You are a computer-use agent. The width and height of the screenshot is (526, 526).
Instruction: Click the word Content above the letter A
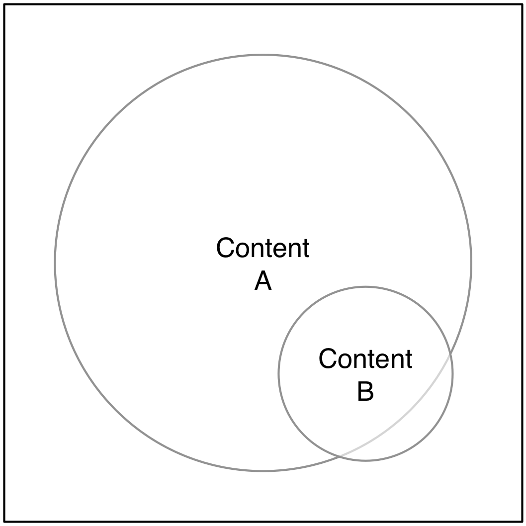263,248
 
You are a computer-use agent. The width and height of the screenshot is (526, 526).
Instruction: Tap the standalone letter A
263,282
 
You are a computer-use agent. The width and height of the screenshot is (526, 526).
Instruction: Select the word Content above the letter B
365,359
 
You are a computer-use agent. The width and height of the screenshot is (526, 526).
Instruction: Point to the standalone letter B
365,392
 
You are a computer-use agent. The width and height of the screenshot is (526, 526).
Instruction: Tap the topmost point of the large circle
263,55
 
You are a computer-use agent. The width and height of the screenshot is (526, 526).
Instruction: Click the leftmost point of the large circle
55,263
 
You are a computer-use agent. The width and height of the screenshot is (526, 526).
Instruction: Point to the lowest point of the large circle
263,470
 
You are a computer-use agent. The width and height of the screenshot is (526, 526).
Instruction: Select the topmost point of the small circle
365,287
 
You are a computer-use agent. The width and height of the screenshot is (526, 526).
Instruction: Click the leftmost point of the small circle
279,374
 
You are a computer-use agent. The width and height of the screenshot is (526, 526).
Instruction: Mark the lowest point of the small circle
365,460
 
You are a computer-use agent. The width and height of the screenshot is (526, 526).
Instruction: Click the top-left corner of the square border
5,5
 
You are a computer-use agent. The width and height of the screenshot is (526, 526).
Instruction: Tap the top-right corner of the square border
521,5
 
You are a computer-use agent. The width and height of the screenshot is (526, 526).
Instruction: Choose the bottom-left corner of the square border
5,521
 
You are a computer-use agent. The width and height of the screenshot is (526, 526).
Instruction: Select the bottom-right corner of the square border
521,521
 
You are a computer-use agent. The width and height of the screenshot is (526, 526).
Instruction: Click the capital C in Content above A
225,248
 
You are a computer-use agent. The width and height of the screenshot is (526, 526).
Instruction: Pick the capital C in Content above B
328,359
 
